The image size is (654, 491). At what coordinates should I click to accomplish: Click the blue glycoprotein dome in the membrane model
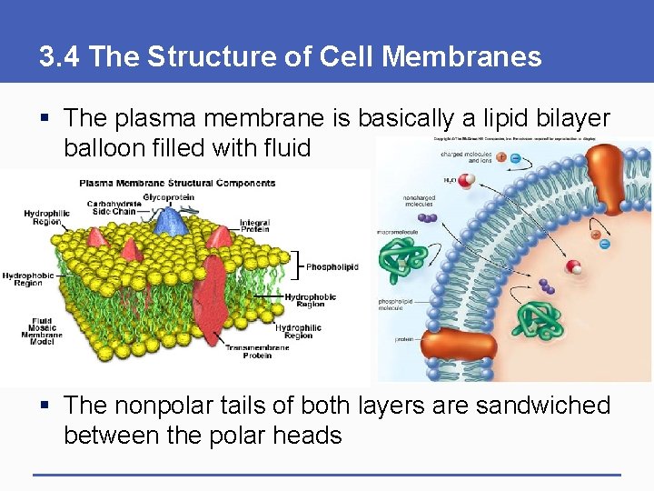(169, 222)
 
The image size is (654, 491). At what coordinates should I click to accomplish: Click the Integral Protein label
(253, 225)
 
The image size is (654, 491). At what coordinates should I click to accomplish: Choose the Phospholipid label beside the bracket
(332, 267)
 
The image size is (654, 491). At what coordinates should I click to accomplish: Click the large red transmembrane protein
(214, 291)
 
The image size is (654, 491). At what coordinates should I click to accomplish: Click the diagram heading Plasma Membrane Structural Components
(177, 182)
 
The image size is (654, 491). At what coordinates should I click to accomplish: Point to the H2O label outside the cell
(451, 181)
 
